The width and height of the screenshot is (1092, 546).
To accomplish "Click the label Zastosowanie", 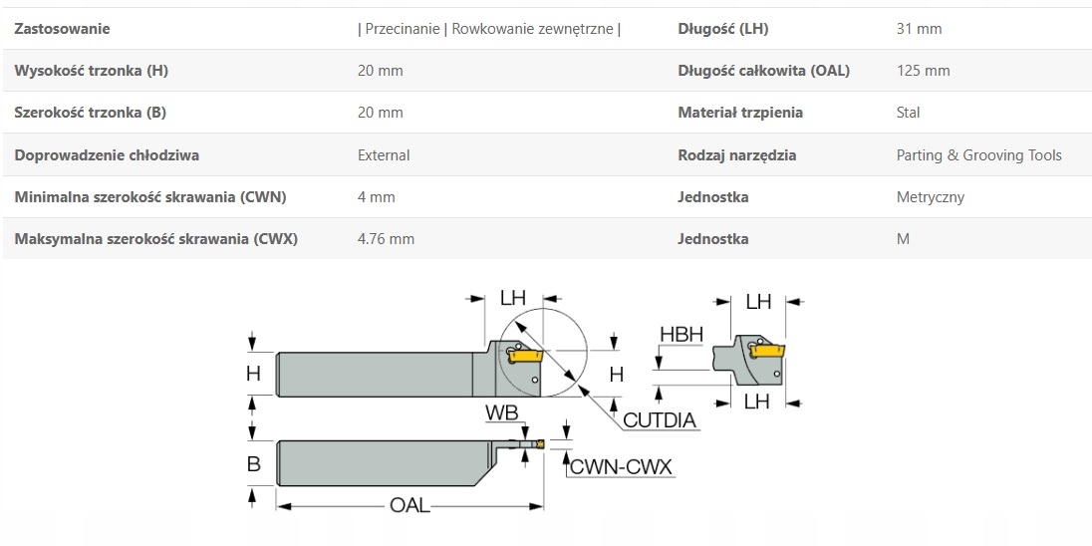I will point(63,29).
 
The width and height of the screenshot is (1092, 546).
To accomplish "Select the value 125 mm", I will point(924,71).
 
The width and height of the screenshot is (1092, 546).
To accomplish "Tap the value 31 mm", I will point(919,29).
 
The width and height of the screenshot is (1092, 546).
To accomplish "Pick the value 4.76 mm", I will point(386,239).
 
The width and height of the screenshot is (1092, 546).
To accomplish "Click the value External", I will point(384,155).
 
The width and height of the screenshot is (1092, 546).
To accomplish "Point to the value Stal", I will point(909,113).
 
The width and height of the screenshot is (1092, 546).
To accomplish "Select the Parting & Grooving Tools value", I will point(978,155).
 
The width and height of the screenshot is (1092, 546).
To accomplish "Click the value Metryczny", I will point(931,197).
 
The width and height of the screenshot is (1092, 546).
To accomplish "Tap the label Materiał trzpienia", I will point(740,113).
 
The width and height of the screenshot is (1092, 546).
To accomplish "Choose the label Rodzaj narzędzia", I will point(737,155).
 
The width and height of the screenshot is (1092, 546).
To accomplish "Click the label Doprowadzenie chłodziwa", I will point(107,155).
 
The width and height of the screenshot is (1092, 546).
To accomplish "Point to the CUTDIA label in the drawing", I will point(659,420).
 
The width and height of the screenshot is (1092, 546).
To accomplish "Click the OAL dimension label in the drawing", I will point(410,505).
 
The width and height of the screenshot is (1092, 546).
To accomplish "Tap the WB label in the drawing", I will point(501,412).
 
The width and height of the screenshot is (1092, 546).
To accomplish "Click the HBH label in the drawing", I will point(682,335).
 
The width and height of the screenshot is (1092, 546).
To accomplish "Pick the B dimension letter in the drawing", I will point(253,463).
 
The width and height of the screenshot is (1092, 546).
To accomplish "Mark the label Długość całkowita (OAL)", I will point(764,71).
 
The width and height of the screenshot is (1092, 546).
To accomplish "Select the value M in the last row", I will point(903,239).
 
